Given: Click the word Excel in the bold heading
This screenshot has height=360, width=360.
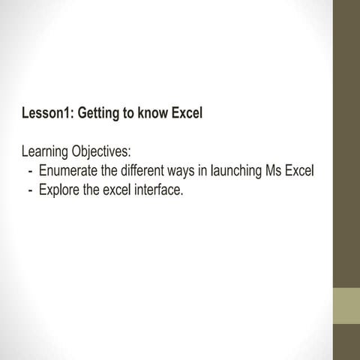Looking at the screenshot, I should (187, 115).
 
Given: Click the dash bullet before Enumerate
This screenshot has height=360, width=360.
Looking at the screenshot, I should (29, 172).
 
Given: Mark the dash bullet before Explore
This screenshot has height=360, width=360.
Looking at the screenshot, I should (29, 190).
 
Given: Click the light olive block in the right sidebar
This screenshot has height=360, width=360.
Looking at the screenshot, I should (346, 304).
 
